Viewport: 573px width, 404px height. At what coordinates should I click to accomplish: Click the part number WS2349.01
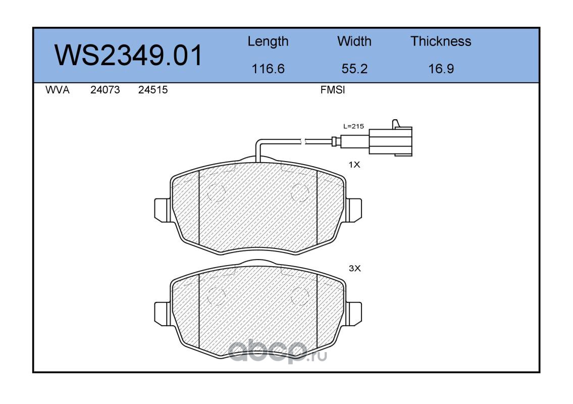[x=128, y=55]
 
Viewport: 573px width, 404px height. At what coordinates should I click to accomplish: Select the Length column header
[x=268, y=41]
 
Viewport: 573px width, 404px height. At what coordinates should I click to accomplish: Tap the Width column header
[x=354, y=41]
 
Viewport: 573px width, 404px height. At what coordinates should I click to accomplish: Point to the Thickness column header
[x=441, y=41]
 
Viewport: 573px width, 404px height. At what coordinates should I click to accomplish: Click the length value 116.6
[x=268, y=69]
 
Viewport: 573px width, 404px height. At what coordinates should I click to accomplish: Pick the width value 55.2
[x=354, y=69]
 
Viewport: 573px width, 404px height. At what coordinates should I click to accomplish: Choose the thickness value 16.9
[x=441, y=69]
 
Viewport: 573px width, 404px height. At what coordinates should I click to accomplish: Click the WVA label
[x=58, y=90]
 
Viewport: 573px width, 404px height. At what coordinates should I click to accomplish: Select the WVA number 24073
[x=105, y=90]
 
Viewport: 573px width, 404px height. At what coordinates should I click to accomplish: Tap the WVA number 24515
[x=153, y=90]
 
